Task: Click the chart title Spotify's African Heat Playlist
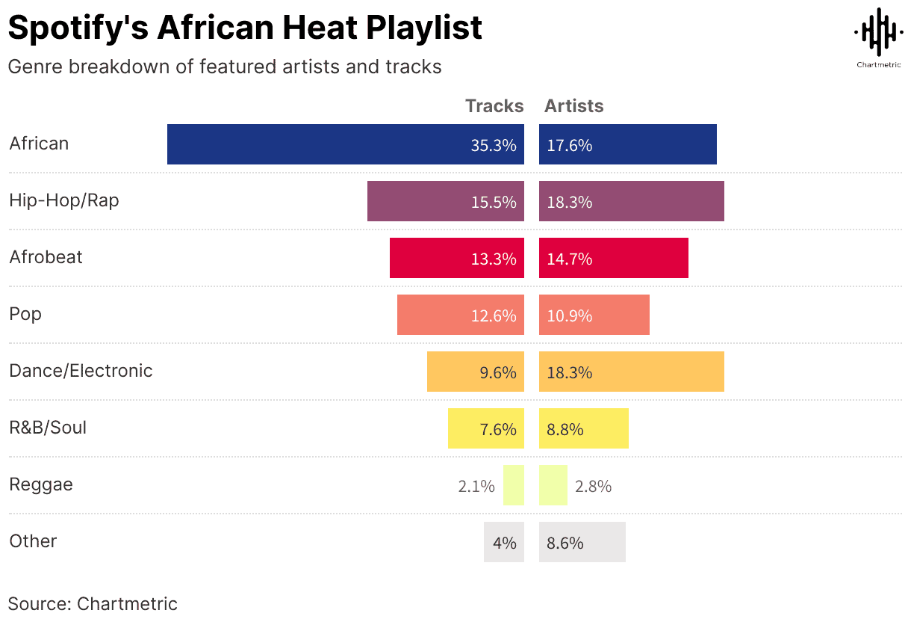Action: (245, 28)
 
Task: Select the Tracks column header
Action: (494, 106)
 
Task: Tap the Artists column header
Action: (573, 106)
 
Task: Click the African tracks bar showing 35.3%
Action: (345, 144)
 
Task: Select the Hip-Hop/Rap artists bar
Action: (632, 201)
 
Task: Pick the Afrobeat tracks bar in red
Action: (456, 258)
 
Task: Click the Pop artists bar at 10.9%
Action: (594, 315)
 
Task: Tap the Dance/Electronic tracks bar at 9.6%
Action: (475, 372)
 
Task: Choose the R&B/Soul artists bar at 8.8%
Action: (584, 428)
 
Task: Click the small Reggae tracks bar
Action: (514, 485)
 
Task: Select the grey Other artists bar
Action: (582, 542)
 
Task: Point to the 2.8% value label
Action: (594, 486)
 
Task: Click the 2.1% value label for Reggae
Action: (476, 486)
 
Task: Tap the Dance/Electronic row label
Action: (81, 371)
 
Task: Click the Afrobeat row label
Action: (46, 257)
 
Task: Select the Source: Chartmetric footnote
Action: (93, 604)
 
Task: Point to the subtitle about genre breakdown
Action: (225, 67)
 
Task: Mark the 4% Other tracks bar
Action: (504, 542)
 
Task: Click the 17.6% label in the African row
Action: (570, 145)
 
